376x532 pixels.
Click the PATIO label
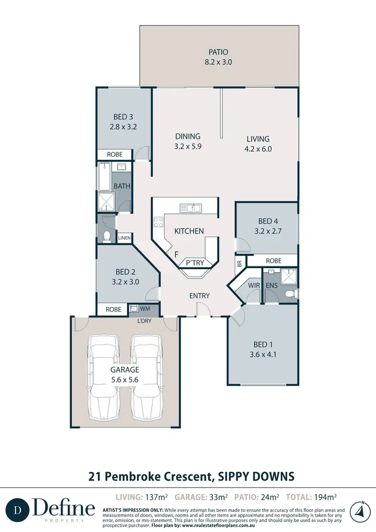[x=218, y=52]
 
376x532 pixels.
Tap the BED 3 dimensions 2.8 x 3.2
[x=123, y=127]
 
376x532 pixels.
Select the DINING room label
[x=187, y=136]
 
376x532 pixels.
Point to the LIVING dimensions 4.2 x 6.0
[x=258, y=149]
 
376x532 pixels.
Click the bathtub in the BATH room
[x=104, y=176]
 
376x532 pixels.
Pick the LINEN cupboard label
[x=124, y=237]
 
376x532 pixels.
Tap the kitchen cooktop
[x=159, y=222]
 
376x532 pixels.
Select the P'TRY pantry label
[x=194, y=263]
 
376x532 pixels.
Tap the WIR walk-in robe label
[x=253, y=286]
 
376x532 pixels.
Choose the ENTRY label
[x=199, y=296]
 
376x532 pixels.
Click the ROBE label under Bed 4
[x=273, y=261]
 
